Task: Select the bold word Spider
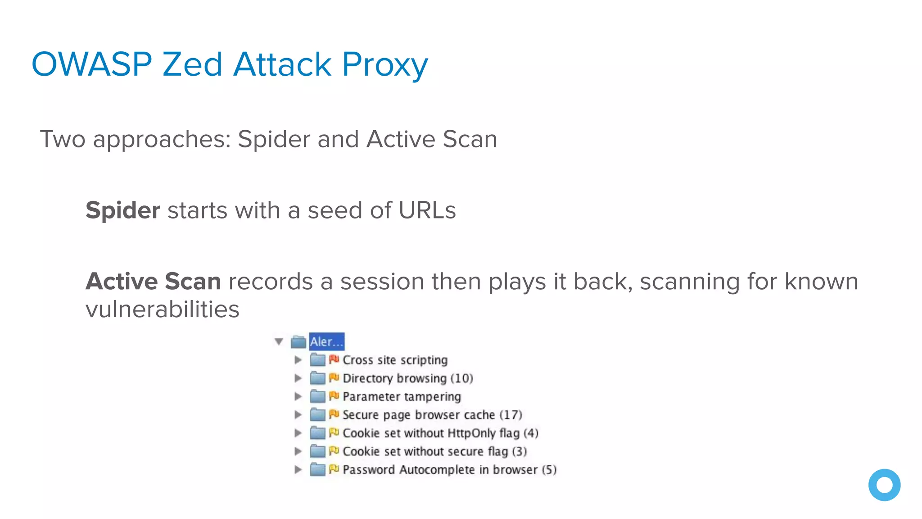[x=122, y=210]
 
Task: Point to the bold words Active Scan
[x=153, y=282]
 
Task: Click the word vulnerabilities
[x=162, y=310]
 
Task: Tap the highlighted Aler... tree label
[x=326, y=341]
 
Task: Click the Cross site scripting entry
[x=395, y=360]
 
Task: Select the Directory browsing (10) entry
[x=407, y=378]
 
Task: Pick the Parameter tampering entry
[x=402, y=396]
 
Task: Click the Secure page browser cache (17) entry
[x=432, y=415]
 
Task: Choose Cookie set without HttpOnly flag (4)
[x=440, y=433]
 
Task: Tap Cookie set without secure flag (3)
[x=434, y=451]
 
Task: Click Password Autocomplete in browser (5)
[x=449, y=470]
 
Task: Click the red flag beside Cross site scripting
[x=334, y=360]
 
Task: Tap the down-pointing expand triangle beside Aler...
[x=279, y=342]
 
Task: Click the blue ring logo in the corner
[x=884, y=485]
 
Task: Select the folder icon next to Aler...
[x=298, y=342]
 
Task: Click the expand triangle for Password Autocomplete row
[x=298, y=470]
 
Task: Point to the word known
[x=821, y=282]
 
